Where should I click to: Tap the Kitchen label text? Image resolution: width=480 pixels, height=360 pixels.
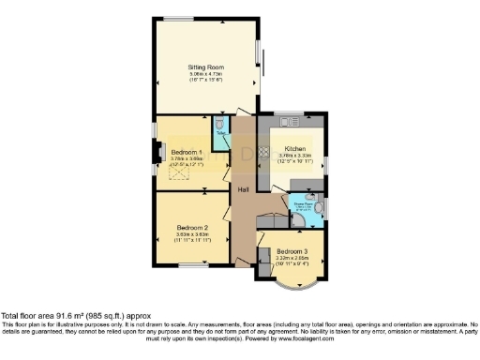coord(295,148)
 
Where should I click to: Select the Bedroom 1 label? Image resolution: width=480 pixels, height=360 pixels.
coord(187,151)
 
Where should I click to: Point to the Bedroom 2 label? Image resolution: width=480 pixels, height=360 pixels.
coord(191,228)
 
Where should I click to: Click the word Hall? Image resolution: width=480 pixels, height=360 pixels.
coord(243,190)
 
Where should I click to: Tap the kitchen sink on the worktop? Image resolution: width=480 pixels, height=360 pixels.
coord(291,120)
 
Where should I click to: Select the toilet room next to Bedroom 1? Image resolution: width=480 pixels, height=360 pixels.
coord(220,127)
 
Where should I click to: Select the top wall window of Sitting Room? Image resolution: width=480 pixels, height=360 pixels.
coord(179,19)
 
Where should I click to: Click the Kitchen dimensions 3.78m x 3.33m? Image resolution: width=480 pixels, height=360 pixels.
coord(295,155)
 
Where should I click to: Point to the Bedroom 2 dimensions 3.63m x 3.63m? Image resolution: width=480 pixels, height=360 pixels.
coord(191,235)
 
